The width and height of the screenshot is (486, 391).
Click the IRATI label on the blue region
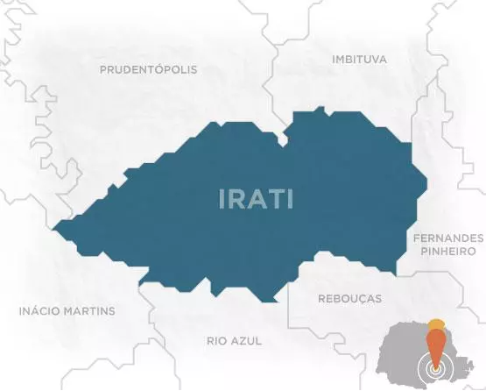tap(256, 199)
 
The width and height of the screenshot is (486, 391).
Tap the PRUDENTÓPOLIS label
tap(148, 69)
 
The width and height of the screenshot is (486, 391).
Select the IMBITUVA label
tap(360, 59)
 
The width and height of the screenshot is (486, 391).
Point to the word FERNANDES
tap(447, 238)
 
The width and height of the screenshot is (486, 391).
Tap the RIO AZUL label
tap(234, 340)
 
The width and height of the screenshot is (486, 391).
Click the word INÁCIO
tap(40, 311)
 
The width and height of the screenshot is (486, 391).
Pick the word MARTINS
tap(90, 311)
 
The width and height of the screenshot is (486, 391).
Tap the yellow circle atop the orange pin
tap(436, 324)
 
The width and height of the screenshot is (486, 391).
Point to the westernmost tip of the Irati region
tap(54, 231)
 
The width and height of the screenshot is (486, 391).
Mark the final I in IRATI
tap(291, 199)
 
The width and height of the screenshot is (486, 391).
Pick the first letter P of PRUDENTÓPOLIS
tap(103, 69)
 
